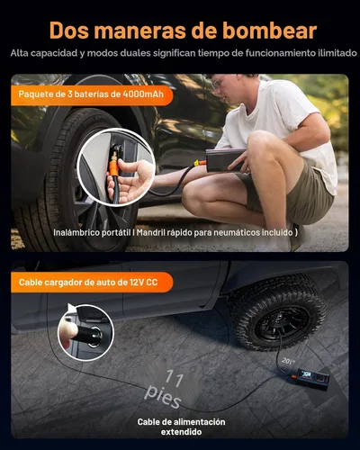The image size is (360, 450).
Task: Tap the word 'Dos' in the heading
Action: click(73, 31)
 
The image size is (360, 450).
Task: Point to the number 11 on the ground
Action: click(177, 380)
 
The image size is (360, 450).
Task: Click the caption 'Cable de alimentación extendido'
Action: click(181, 427)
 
